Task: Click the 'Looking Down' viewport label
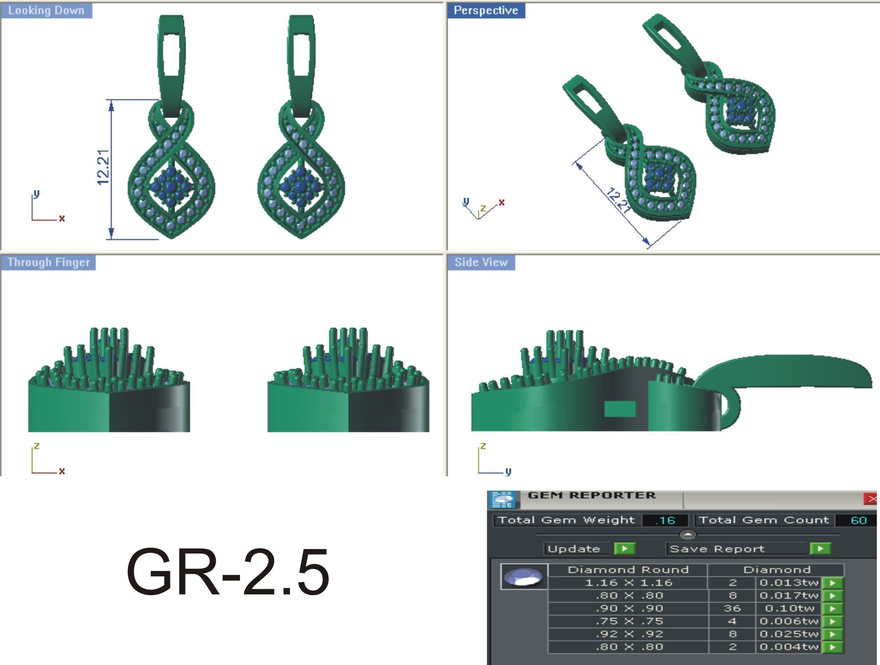46,10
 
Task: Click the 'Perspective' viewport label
486,10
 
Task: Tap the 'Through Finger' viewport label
48,262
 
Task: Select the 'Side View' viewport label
481,262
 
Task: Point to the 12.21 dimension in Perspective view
619,201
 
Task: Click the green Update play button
624,549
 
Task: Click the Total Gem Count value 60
858,520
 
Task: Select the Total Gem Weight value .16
665,520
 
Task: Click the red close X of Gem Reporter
872,499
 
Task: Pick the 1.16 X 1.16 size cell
628,583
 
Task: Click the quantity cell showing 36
732,608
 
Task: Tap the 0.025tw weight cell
788,634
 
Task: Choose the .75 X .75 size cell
628,621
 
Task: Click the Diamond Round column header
628,570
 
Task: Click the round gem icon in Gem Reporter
523,577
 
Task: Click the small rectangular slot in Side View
619,409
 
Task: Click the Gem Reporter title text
591,496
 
